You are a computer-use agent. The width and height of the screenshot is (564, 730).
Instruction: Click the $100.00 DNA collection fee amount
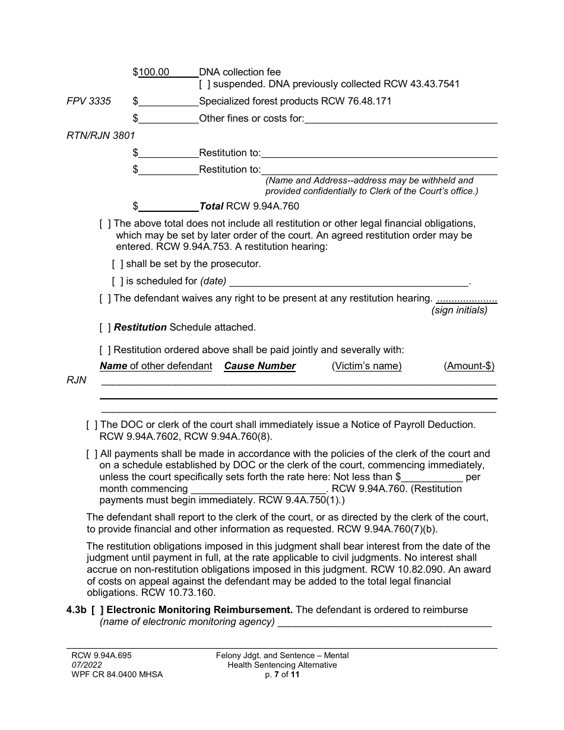point(154,72)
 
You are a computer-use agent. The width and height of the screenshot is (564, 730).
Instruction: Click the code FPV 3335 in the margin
point(88,101)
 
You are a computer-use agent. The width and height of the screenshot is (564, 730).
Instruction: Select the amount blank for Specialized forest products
point(169,101)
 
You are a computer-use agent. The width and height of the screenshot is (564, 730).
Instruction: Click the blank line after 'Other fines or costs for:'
point(401,119)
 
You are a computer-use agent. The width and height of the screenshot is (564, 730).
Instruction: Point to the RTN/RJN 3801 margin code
point(101,135)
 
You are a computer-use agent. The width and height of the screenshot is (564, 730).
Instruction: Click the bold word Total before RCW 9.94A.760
point(211,207)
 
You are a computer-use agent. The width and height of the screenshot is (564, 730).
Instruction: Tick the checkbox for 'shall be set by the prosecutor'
point(118,264)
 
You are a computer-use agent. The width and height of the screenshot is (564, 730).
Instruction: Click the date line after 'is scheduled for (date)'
point(348,282)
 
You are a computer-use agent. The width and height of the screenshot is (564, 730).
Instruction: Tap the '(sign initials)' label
point(459,310)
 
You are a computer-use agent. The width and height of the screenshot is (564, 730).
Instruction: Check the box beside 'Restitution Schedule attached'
point(105,327)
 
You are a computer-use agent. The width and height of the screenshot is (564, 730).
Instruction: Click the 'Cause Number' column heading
point(259,366)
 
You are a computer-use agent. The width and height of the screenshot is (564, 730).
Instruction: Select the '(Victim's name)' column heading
point(366,366)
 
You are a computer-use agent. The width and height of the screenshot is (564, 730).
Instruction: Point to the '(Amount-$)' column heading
point(469,366)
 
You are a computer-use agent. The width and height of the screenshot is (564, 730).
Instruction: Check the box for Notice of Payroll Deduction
point(92,425)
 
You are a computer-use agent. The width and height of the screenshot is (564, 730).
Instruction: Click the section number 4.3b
point(77,610)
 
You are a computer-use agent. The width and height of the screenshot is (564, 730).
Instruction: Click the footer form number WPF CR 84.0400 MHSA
point(114,675)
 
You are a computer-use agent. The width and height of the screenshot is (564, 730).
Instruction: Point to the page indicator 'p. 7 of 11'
point(282,675)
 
